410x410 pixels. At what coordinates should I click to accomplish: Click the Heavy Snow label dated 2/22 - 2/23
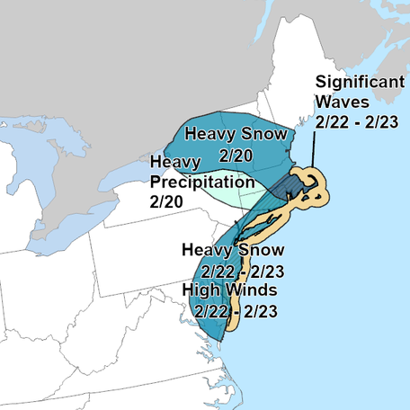(233, 249)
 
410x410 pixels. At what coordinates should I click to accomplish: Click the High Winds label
(229, 290)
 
